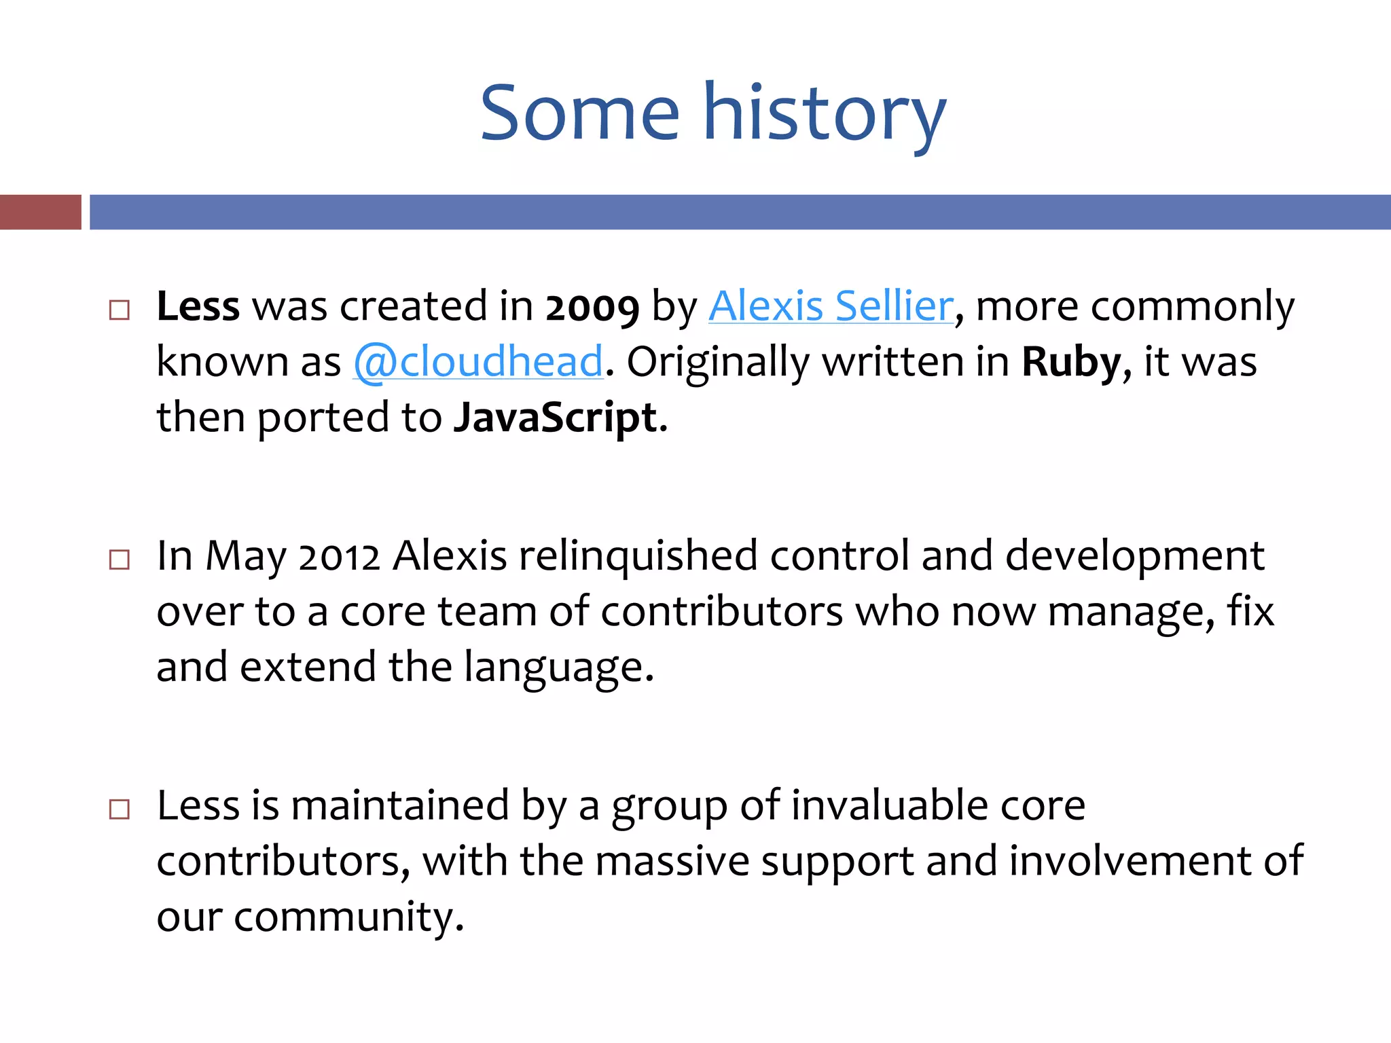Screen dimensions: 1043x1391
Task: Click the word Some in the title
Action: pyautogui.click(x=579, y=113)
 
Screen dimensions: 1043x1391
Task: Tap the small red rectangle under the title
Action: pyautogui.click(x=40, y=212)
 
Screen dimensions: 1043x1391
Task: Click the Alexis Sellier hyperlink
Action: pyautogui.click(x=831, y=306)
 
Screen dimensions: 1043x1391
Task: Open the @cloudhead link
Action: pyautogui.click(x=478, y=362)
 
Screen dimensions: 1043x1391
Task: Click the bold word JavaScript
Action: pyautogui.click(x=556, y=417)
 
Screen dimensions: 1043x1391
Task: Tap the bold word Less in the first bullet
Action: pyautogui.click(x=198, y=306)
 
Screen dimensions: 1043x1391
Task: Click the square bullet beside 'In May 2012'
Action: pyautogui.click(x=120, y=560)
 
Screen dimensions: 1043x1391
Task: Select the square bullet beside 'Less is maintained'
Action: pyautogui.click(x=120, y=809)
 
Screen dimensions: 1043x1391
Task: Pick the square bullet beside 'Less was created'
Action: pyautogui.click(x=120, y=310)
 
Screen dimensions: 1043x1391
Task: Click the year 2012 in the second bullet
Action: pyautogui.click(x=339, y=557)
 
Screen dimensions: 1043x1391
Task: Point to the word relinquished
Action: pyautogui.click(x=638, y=556)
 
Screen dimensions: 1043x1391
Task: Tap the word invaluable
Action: pyautogui.click(x=889, y=806)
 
